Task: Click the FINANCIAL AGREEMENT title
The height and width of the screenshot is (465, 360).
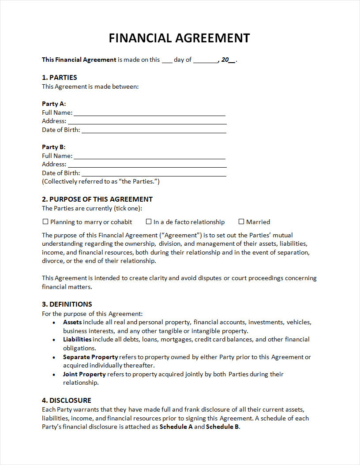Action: coord(179,38)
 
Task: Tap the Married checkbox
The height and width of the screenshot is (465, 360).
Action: coord(241,221)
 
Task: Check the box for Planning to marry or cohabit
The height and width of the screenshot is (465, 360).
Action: coord(45,221)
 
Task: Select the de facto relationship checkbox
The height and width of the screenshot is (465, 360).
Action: coord(149,221)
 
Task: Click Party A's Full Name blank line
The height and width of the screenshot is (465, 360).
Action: coord(150,113)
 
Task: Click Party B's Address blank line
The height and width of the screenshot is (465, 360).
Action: coord(147,165)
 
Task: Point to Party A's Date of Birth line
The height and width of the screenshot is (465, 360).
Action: coord(154,131)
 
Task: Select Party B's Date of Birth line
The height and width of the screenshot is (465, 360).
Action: coord(154,174)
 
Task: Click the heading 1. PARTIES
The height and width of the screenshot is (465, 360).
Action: coord(59,78)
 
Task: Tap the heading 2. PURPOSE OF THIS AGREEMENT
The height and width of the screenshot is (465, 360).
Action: coord(97,199)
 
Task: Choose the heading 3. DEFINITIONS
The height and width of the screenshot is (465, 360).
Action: coord(67,304)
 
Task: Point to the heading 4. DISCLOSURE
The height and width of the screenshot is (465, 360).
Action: coord(66,400)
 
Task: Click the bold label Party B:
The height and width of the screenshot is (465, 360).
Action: coord(53,147)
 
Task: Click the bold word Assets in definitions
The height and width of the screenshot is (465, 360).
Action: coord(72,322)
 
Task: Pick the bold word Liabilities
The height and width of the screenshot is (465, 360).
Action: coord(77,339)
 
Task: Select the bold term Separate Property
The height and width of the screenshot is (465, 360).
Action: coord(90,357)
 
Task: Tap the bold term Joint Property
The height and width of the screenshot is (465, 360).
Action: coord(84,374)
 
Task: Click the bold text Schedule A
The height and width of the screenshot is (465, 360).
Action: coord(176,427)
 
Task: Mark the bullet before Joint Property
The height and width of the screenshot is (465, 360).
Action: coord(53,375)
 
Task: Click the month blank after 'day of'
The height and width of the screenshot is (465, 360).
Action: coord(205,60)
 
